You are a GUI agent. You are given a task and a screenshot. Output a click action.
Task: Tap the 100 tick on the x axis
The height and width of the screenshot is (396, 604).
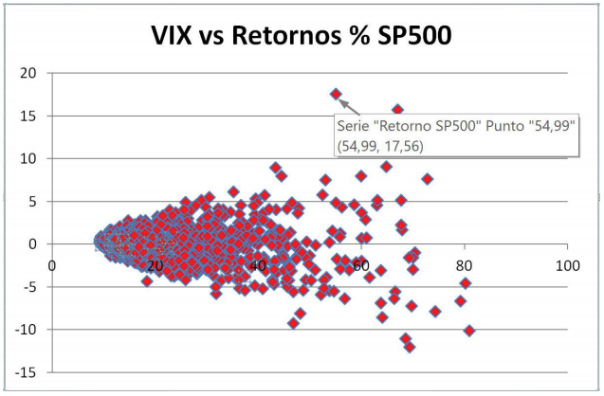pyautogui.click(x=567, y=266)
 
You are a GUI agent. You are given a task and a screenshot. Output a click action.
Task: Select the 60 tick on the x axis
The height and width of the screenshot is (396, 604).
pyautogui.click(x=361, y=266)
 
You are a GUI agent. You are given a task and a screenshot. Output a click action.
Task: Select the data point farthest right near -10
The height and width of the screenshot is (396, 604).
pyautogui.click(x=469, y=331)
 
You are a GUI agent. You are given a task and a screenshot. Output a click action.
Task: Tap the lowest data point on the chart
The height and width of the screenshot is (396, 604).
pyautogui.click(x=410, y=347)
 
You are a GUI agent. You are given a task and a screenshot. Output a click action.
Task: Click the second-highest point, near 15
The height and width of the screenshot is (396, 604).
pyautogui.click(x=398, y=110)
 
